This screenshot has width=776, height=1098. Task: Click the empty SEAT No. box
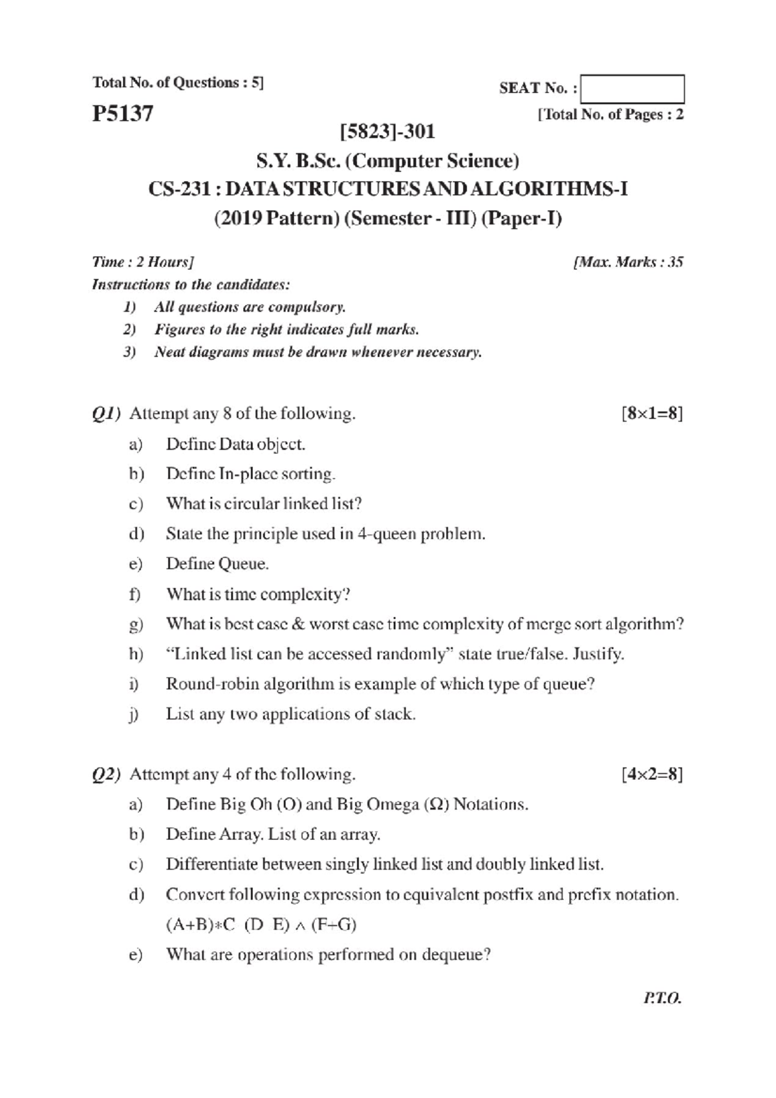click(x=632, y=89)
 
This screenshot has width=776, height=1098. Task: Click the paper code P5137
click(x=123, y=114)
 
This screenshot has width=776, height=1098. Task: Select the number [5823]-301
click(x=387, y=132)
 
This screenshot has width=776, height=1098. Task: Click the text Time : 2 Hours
click(x=142, y=262)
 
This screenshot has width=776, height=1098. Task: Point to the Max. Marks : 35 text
click(x=628, y=262)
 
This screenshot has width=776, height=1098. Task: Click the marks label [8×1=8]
click(x=651, y=413)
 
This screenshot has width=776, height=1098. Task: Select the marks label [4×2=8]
click(x=651, y=774)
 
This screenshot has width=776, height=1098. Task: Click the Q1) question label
click(x=106, y=414)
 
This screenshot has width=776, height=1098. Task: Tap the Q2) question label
click(x=106, y=775)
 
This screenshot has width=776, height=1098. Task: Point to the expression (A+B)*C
click(x=200, y=925)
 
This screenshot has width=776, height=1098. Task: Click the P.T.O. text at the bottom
click(x=663, y=998)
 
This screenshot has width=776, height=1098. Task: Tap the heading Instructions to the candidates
click(x=191, y=285)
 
